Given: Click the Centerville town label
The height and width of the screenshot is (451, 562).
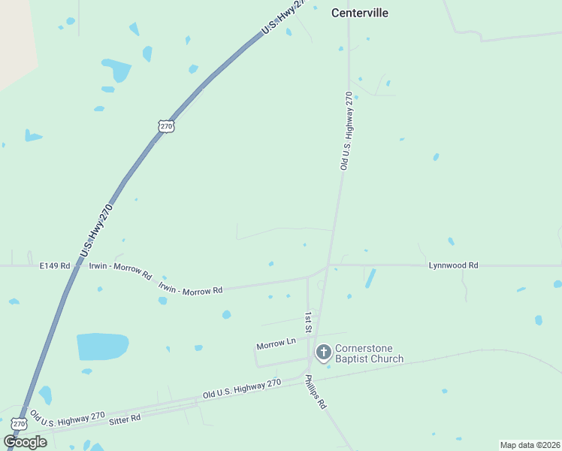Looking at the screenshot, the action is [361, 13].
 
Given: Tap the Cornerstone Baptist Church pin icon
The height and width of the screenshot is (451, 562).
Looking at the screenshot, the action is [323, 352].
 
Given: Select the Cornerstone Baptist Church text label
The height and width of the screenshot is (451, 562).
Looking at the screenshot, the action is [369, 353].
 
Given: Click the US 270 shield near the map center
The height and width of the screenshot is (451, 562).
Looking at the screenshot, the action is [167, 126].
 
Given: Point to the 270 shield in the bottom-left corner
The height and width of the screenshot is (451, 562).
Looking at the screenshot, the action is [19, 425].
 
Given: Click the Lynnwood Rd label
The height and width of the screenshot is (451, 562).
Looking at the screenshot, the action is [453, 265].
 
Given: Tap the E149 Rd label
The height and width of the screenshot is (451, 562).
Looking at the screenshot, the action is [55, 265].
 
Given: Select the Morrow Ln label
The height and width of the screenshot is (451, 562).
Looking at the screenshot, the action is [276, 345].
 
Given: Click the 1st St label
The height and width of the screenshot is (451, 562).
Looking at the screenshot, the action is [307, 322].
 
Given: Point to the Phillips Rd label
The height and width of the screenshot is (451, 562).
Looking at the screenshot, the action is [316, 393].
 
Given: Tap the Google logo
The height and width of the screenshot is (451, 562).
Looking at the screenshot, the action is [25, 442].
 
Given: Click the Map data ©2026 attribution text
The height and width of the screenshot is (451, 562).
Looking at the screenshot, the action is [530, 445].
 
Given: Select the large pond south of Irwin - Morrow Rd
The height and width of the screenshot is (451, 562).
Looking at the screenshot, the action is [102, 347].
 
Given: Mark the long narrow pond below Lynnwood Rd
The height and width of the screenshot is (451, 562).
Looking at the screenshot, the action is [370, 278].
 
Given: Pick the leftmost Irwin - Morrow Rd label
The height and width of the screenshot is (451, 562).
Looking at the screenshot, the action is [120, 269].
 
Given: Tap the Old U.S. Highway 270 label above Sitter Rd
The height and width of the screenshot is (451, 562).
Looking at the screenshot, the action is [242, 389].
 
